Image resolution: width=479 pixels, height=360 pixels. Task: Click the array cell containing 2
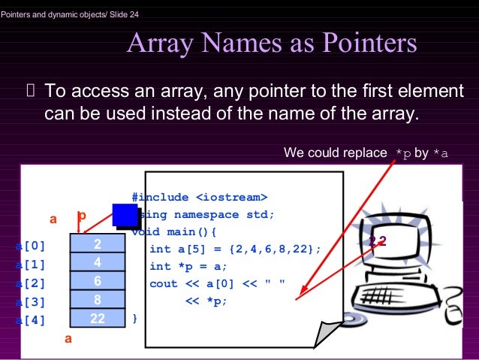[x=98, y=244]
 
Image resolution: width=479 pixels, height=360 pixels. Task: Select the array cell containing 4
[x=98, y=263]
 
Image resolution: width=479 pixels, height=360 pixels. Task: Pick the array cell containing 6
[x=98, y=281]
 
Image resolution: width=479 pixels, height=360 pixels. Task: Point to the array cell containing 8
[x=98, y=299]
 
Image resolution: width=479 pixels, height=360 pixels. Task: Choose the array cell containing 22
[x=98, y=318]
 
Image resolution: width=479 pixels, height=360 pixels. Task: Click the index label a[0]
[x=31, y=245]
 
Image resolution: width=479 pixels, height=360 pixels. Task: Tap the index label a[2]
[x=31, y=283]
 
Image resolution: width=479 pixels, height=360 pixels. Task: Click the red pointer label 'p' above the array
[x=82, y=216]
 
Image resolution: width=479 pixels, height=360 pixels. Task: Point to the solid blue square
[x=125, y=215]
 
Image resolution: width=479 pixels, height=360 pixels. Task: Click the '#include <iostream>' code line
[x=199, y=198]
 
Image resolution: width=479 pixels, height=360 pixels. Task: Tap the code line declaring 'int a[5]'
[x=235, y=249]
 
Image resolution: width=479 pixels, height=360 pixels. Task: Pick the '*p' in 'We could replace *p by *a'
[x=403, y=153]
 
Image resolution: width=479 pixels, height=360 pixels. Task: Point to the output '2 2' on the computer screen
[x=377, y=241]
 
